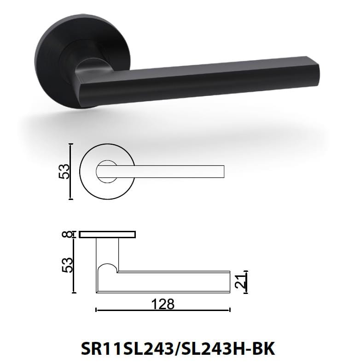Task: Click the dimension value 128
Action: click(x=163, y=304)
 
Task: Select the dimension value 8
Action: click(x=69, y=235)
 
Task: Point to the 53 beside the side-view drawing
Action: click(x=67, y=265)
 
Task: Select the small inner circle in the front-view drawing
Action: click(x=106, y=171)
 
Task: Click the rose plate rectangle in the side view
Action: click(x=107, y=235)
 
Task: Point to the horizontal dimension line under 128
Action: click(x=163, y=310)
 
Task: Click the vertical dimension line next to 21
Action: click(x=246, y=282)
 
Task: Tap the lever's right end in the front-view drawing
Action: click(x=223, y=171)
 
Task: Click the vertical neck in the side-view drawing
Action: click(x=107, y=253)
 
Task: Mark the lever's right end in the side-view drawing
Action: click(x=228, y=282)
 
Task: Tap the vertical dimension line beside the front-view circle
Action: click(x=70, y=171)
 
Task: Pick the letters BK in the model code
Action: click(x=264, y=348)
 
